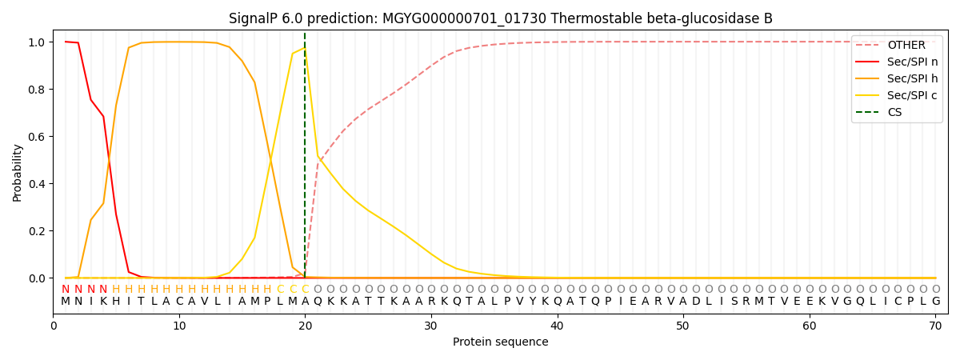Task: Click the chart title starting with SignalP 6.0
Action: [500, 18]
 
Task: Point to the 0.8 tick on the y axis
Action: [37, 90]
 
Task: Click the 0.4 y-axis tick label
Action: [37, 184]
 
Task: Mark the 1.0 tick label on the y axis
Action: [37, 42]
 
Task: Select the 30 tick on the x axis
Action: [430, 326]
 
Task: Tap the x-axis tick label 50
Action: [682, 326]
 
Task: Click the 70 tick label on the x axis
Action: [935, 326]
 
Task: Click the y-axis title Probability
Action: [17, 173]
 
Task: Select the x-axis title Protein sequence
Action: [500, 342]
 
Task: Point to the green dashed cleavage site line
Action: [305, 154]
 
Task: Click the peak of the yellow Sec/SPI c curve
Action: [305, 48]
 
